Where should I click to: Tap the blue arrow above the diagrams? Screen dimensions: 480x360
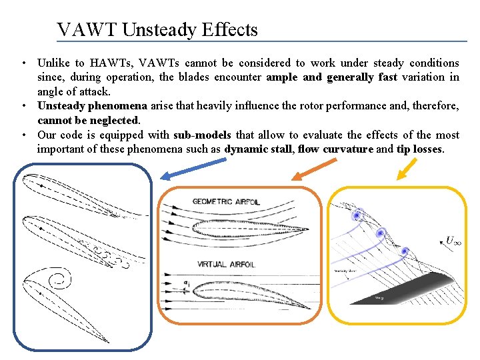183,172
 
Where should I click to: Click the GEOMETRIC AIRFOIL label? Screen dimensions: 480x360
226,201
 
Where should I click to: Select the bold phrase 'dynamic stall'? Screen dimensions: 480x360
259,149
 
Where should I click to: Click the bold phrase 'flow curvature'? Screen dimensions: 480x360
335,149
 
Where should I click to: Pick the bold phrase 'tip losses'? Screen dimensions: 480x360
419,149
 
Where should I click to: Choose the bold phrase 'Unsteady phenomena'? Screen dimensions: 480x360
92,106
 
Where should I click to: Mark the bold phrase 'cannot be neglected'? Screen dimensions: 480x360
88,120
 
